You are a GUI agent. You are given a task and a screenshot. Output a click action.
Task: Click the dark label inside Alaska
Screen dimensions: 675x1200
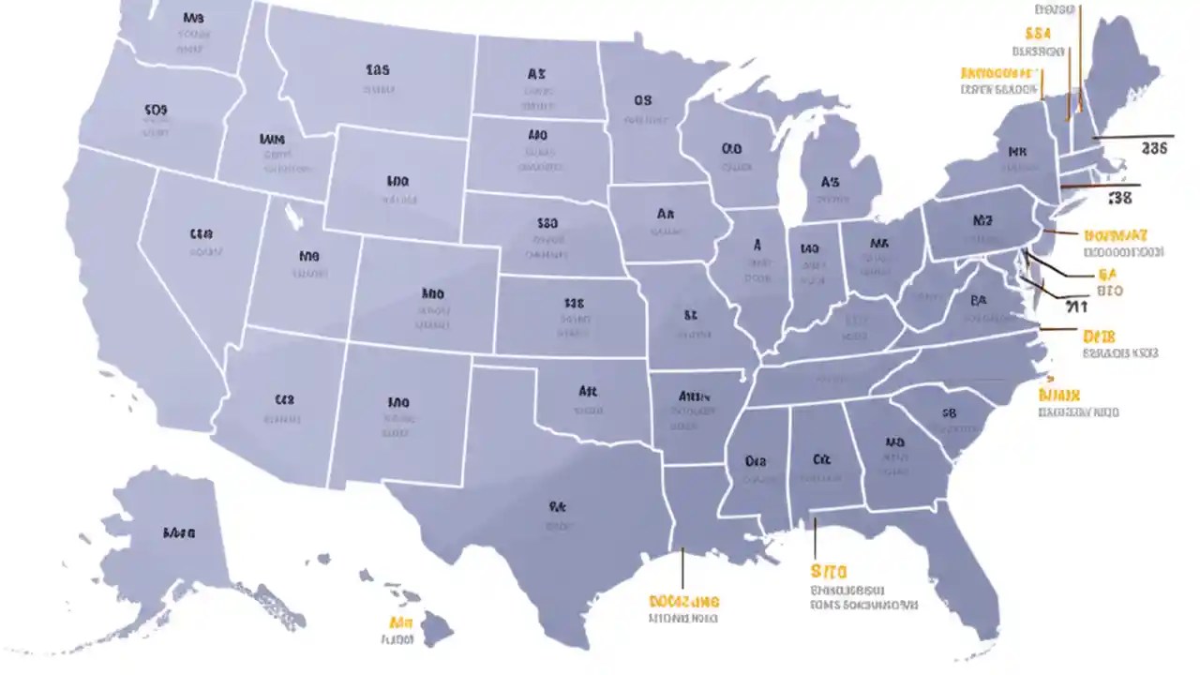pyautogui.click(x=178, y=532)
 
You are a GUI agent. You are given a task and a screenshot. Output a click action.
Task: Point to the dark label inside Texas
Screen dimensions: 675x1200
pyautogui.click(x=558, y=506)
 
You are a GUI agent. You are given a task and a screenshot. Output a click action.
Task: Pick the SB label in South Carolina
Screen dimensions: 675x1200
pyautogui.click(x=948, y=412)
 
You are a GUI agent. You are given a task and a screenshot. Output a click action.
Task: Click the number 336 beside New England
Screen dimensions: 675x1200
pyautogui.click(x=1155, y=147)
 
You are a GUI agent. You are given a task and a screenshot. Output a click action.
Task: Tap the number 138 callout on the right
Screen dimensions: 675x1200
pyautogui.click(x=1119, y=198)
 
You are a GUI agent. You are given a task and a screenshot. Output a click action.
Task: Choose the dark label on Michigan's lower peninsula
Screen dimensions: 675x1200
pyautogui.click(x=830, y=182)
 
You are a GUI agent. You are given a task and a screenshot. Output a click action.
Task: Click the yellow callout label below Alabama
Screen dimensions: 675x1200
pyautogui.click(x=829, y=571)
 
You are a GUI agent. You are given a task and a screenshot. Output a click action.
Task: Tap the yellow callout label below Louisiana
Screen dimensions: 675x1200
pyautogui.click(x=683, y=601)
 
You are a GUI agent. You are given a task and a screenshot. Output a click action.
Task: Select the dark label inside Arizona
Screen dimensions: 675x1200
pyautogui.click(x=284, y=399)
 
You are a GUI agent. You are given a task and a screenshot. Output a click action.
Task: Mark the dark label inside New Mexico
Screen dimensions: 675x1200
pyautogui.click(x=398, y=402)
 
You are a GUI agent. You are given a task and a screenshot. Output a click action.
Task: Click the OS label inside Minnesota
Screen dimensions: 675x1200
pyautogui.click(x=642, y=100)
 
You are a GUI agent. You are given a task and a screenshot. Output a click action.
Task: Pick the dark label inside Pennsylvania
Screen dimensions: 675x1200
pyautogui.click(x=982, y=221)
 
